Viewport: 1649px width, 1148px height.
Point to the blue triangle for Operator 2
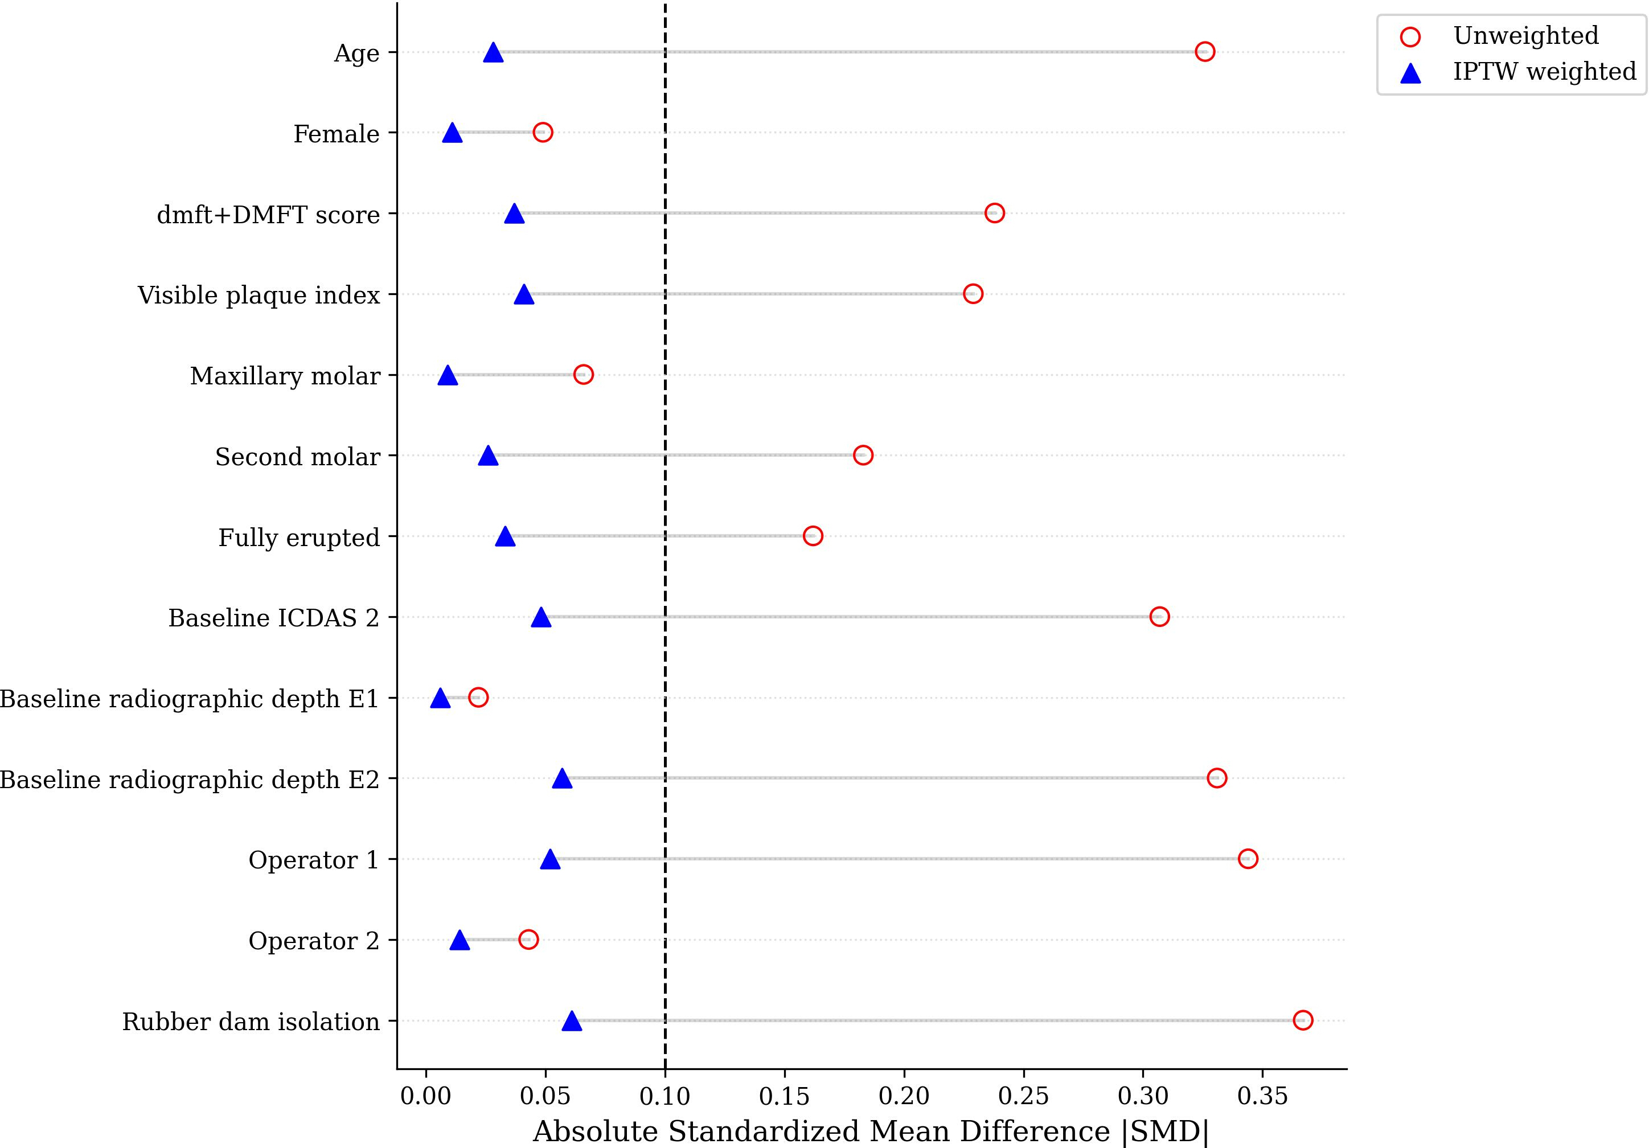pos(460,940)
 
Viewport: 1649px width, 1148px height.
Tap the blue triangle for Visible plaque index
pos(524,294)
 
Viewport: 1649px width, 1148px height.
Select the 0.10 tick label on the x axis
pos(665,1096)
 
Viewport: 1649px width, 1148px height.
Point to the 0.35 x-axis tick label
pos(1262,1096)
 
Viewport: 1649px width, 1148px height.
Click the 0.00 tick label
pos(426,1096)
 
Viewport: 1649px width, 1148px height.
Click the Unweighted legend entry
pos(1525,36)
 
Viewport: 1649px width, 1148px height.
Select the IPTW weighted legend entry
pos(1545,72)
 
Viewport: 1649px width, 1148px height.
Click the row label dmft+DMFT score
pos(268,215)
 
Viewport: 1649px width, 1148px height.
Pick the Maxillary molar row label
pos(285,376)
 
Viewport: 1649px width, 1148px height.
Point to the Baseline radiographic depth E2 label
pos(190,780)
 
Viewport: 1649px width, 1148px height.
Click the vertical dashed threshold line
pos(665,536)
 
